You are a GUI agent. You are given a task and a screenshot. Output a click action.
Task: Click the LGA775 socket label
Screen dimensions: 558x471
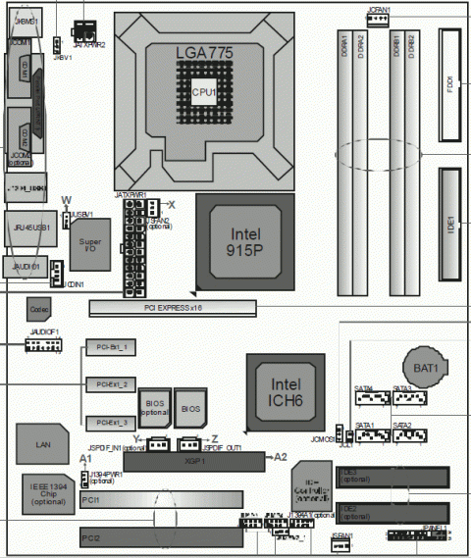click(204, 54)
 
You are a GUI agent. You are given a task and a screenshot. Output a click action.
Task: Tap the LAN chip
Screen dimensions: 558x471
click(43, 444)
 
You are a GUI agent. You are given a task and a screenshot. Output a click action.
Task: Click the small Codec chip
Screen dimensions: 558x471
click(40, 309)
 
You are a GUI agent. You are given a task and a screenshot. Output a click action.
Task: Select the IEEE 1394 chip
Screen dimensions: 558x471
click(48, 493)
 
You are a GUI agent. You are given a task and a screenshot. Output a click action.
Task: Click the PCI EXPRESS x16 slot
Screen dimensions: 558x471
click(172, 308)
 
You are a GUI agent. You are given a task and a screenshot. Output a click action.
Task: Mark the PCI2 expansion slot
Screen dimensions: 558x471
click(157, 537)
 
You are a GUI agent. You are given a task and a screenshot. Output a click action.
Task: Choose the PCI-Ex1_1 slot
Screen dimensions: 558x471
click(109, 347)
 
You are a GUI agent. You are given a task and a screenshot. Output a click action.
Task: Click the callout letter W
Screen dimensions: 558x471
click(66, 200)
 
